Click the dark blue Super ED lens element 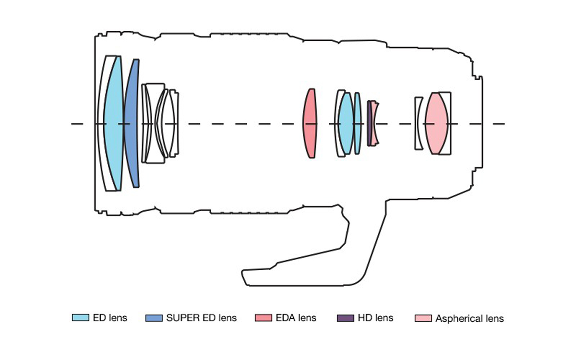[132, 123]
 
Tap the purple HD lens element [369, 123]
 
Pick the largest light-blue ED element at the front [113, 123]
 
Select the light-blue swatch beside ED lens [80, 318]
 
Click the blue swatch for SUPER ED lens [153, 318]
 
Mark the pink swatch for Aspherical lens [423, 318]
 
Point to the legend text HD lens [375, 318]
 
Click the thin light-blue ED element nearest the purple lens [358, 123]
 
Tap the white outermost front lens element [102, 123]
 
